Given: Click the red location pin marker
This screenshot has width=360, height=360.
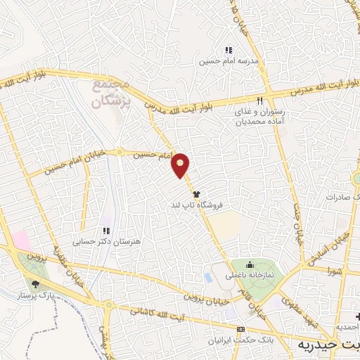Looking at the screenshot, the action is pos(181,165).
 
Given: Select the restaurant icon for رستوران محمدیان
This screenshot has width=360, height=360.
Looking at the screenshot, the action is pos(260,101).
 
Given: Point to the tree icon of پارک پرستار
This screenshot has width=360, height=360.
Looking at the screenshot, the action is pos(34,284).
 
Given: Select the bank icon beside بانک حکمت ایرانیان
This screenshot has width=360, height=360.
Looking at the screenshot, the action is pos(241,329).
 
